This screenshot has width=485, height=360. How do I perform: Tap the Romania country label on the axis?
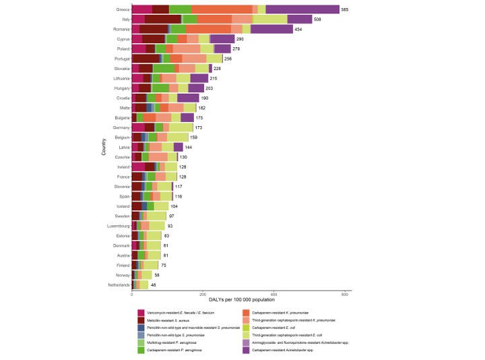120,30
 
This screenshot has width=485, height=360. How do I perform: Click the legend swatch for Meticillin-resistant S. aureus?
142,320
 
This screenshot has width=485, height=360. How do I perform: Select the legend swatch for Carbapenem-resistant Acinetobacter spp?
246,349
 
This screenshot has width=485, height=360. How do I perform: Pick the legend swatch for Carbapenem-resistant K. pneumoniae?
246,312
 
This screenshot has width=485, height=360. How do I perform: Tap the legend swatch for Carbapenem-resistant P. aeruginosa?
142,349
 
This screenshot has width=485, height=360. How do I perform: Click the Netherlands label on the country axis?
117,286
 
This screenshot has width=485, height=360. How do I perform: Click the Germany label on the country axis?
120,127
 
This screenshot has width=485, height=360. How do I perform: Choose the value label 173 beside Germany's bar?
199,127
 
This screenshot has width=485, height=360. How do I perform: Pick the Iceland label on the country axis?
121,206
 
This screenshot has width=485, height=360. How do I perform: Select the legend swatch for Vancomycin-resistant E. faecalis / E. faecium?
142,312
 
